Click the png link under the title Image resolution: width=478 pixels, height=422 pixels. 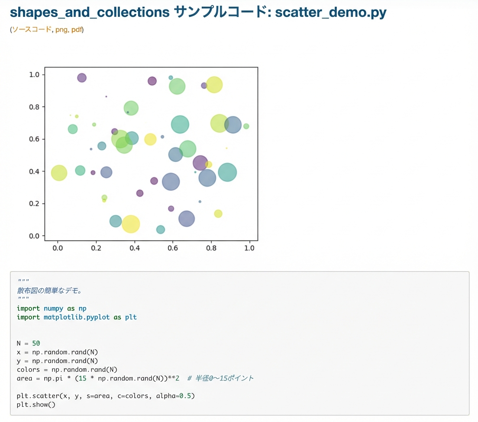coord(61,29)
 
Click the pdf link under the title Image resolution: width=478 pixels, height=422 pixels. coord(77,29)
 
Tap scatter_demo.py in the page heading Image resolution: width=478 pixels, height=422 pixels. coord(331,13)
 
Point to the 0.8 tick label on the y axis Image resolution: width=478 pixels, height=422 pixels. coord(34,107)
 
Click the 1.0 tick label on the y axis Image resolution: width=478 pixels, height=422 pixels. coord(34,75)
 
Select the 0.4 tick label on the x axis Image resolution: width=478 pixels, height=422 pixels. coord(134,248)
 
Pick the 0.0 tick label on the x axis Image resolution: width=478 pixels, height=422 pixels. coord(58,248)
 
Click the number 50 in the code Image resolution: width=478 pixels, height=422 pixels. coord(36,343)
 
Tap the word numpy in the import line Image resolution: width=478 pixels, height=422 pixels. coord(53,309)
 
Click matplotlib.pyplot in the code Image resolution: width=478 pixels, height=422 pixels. coord(77,317)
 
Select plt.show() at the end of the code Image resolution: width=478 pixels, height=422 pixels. coord(36,405)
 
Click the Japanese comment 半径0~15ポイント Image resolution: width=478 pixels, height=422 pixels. coord(224,378)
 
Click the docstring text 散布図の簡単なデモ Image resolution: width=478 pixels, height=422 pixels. coord(48,291)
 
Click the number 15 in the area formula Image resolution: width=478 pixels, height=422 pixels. coord(82,378)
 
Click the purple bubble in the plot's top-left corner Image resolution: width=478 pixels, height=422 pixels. coord(82,78)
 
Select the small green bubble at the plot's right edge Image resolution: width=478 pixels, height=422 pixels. coord(246,126)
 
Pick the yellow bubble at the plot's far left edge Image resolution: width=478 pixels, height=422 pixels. coord(59,173)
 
